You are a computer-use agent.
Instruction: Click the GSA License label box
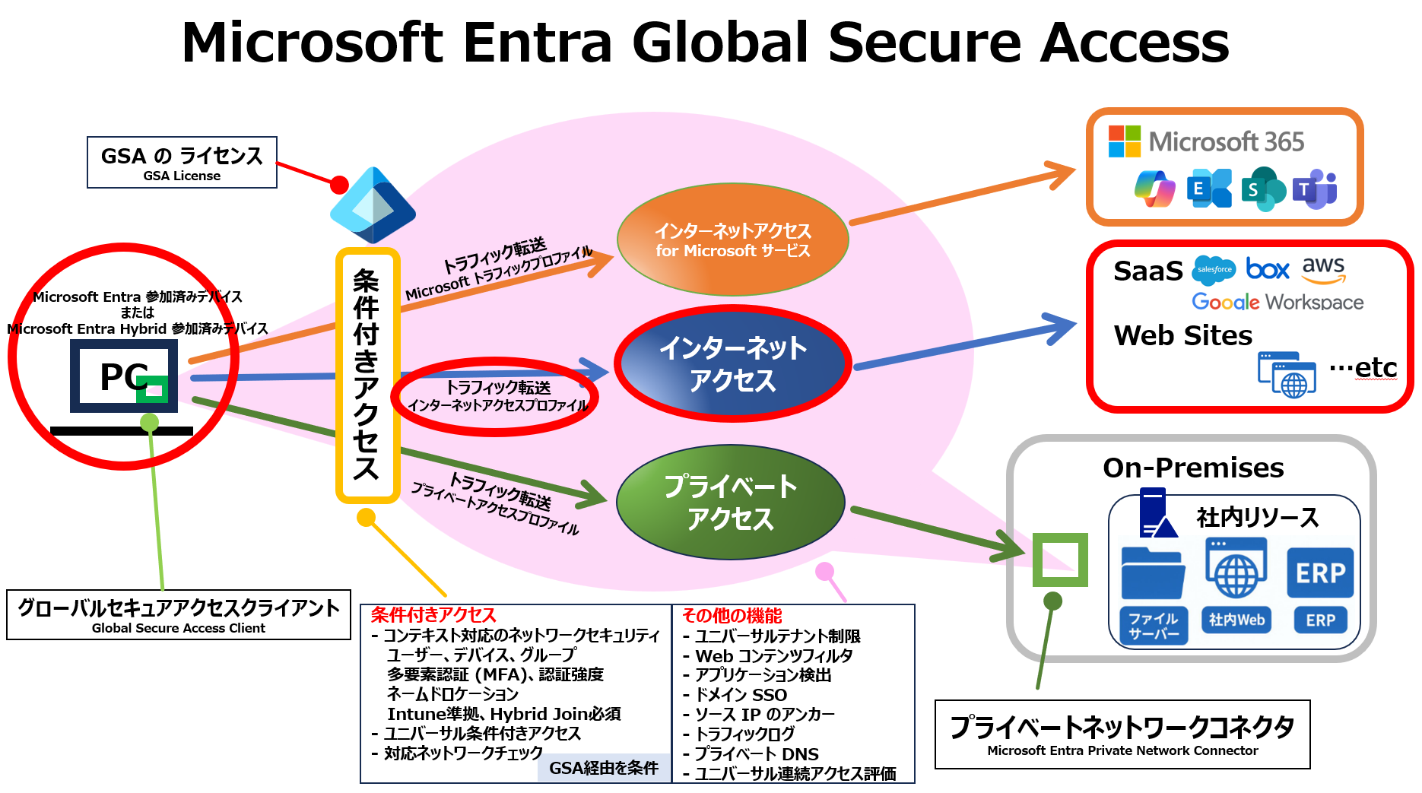182,162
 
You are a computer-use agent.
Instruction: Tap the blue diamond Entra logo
373,205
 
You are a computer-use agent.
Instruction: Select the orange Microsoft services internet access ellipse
732,239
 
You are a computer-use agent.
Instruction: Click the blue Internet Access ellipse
732,363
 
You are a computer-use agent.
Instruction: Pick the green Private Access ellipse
730,502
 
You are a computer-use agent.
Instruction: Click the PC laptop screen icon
124,376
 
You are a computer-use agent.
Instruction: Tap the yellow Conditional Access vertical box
367,375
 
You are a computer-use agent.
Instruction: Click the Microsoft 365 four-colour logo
1124,141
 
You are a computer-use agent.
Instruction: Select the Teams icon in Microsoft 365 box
1316,189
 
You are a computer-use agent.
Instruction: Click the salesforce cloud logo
1214,270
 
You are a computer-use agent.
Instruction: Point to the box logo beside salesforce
1268,269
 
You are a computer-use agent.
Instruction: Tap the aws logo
1323,268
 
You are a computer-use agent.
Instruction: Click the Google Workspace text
1278,302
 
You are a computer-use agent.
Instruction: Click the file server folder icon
1153,574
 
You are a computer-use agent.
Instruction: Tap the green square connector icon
1060,560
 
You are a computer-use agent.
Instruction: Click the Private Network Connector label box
1122,734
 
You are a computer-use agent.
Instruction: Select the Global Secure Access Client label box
179,614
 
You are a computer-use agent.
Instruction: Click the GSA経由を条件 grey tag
604,768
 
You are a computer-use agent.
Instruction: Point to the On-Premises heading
1193,468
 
